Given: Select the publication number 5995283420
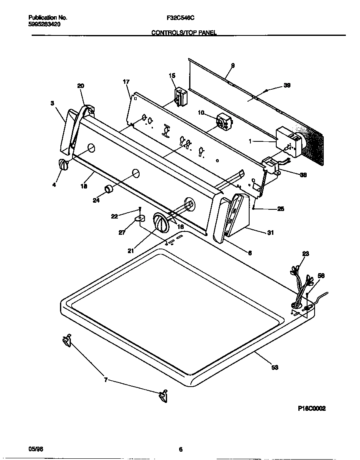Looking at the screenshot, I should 45,25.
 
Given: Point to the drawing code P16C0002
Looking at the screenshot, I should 311,409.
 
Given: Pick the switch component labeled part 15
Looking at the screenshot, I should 180,96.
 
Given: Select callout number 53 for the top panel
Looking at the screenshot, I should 275,367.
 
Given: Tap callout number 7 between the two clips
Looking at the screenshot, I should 105,380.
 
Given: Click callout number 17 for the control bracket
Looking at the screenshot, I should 126,82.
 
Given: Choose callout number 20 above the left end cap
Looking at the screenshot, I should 80,86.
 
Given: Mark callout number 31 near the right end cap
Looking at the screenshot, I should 270,233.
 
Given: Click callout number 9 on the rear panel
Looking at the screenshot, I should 232,65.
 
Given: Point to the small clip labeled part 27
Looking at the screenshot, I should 140,217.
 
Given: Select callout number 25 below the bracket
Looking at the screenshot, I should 281,209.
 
